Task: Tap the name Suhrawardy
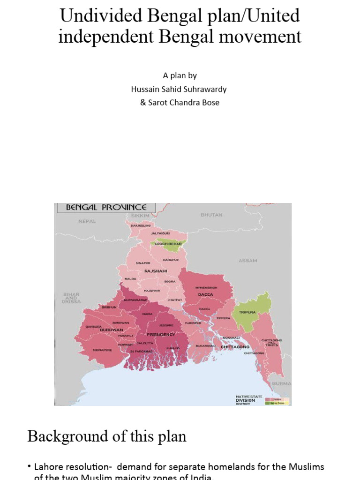tap(202, 89)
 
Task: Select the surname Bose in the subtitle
tap(210, 102)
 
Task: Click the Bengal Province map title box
tap(106, 207)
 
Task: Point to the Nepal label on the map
tap(87, 221)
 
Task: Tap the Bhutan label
tap(212, 215)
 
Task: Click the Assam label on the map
tap(248, 261)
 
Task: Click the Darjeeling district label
tap(141, 226)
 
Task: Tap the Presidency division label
tap(161, 335)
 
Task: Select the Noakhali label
tap(232, 337)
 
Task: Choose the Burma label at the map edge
tap(282, 383)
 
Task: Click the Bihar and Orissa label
tap(71, 298)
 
